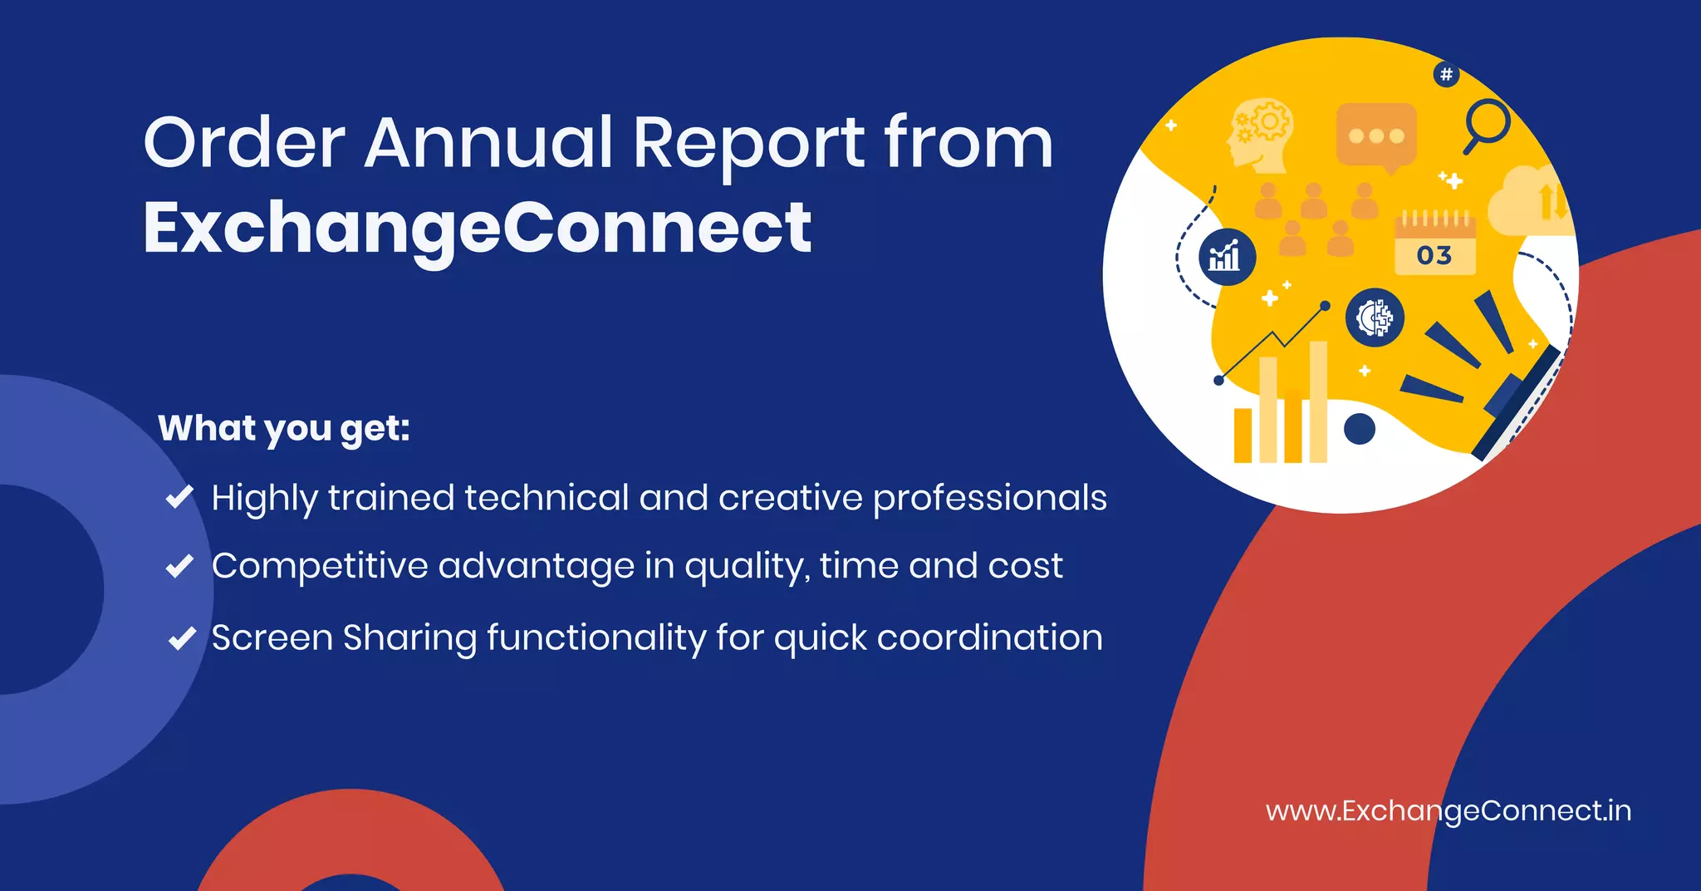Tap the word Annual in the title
(x=488, y=142)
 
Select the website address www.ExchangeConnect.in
(x=1448, y=810)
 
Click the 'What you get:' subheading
(x=284, y=428)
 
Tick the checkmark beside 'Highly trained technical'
(x=180, y=497)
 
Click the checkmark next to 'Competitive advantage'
(x=180, y=566)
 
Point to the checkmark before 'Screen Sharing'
(x=182, y=638)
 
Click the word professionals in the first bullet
(x=989, y=499)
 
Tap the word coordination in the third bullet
(x=989, y=638)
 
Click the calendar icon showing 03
(x=1434, y=244)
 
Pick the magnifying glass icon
(x=1486, y=125)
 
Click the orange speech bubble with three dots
(x=1376, y=136)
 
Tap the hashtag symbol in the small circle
(x=1446, y=75)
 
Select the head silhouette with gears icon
(x=1259, y=134)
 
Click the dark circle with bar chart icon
(x=1227, y=257)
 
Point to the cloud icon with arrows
(x=1527, y=202)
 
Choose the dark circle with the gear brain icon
(x=1375, y=318)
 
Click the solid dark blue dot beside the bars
(x=1359, y=429)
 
